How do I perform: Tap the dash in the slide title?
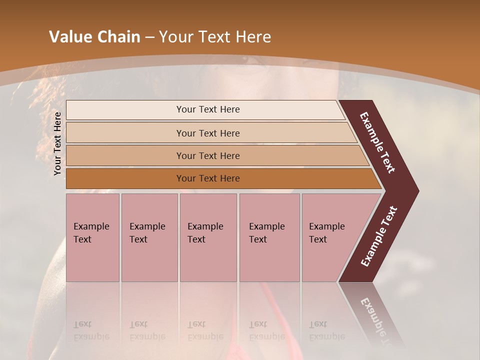pyautogui.click(x=149, y=37)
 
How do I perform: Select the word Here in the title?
pyautogui.click(x=253, y=37)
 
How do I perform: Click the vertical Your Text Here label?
pyautogui.click(x=57, y=143)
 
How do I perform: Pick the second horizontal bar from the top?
pyautogui.click(x=208, y=133)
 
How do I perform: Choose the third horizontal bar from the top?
pyautogui.click(x=208, y=155)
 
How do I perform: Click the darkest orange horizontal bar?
pyautogui.click(x=208, y=178)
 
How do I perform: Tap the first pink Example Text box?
pyautogui.click(x=92, y=237)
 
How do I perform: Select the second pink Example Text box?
pyautogui.click(x=149, y=237)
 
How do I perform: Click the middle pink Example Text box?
pyautogui.click(x=208, y=237)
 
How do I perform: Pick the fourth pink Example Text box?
pyautogui.click(x=269, y=237)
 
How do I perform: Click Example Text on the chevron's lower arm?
pyautogui.click(x=379, y=236)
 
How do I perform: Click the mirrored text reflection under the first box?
pyautogui.click(x=91, y=330)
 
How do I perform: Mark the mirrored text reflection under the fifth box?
pyautogui.click(x=326, y=330)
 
